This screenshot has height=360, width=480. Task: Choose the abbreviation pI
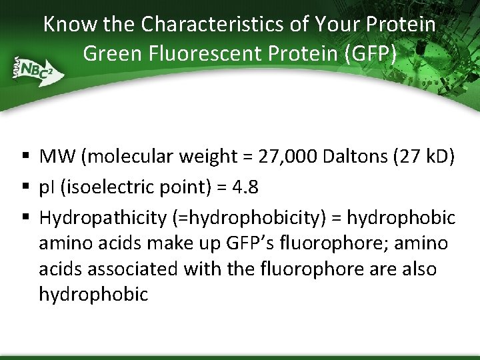(48, 187)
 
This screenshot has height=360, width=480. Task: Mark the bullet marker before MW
(25, 157)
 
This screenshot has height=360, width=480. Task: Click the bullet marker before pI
(25, 188)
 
